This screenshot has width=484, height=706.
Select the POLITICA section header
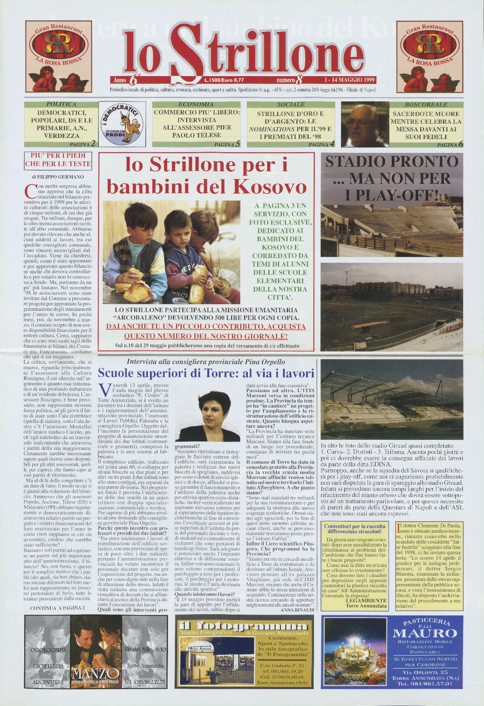pos(61,104)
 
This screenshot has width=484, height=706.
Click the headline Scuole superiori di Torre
pos(206,373)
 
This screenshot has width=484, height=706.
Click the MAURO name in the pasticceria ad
pos(425,633)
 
